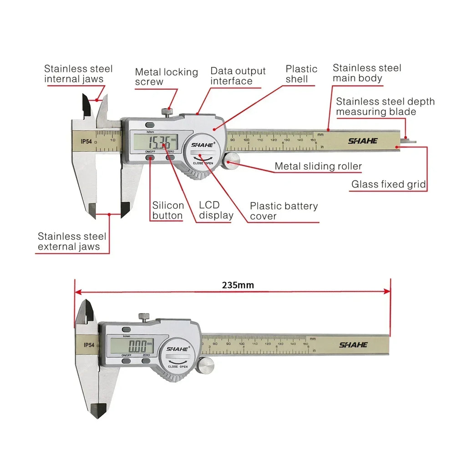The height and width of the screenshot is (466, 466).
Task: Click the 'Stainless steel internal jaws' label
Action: point(78,74)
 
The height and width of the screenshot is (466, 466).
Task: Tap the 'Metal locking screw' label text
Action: point(166,77)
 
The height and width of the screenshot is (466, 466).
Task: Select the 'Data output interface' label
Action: point(238,76)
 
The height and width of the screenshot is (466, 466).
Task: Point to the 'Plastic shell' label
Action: point(301,74)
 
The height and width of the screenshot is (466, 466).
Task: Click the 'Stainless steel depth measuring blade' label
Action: point(385,106)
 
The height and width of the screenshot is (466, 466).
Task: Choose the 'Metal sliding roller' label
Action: point(318,167)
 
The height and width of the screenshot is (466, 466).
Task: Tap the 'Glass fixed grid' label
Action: point(388,184)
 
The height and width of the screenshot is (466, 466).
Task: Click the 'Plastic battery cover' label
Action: point(284,211)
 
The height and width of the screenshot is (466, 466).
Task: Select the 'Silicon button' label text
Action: point(168,211)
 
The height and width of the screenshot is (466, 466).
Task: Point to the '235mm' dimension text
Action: point(238,285)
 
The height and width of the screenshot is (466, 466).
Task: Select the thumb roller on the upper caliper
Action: point(233,160)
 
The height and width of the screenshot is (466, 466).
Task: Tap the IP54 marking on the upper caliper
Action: point(86,141)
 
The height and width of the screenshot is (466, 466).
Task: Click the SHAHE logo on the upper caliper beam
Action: point(363,141)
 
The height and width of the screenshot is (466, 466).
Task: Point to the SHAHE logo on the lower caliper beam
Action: point(353,345)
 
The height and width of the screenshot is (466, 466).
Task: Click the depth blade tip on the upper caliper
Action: point(410,140)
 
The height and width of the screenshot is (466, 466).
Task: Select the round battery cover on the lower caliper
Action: point(177,355)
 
